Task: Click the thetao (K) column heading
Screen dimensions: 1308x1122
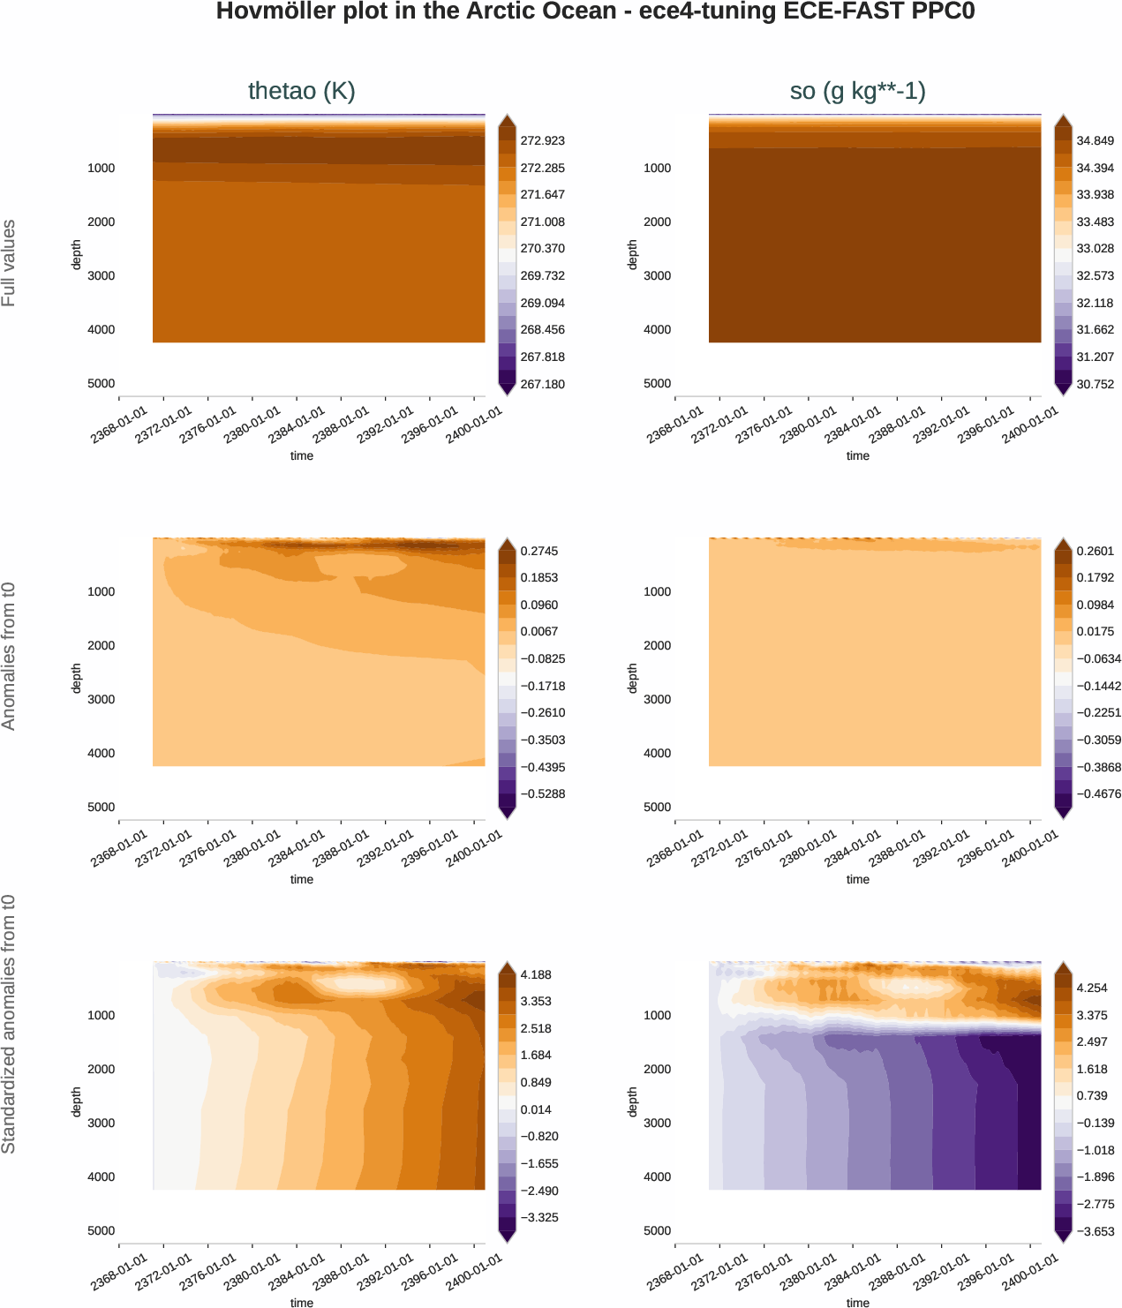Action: click(301, 91)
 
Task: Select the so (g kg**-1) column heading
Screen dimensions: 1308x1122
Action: click(857, 91)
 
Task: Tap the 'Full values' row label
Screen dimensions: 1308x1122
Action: click(9, 263)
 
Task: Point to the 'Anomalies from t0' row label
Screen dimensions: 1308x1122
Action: click(9, 656)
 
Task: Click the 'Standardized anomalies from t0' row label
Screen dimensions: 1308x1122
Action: click(9, 1024)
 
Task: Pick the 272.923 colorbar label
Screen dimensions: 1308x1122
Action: click(542, 140)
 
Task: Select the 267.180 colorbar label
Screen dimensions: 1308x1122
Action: click(542, 384)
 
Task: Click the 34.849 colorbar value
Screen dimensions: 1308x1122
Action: click(1095, 140)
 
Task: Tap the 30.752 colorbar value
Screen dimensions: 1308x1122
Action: click(1095, 384)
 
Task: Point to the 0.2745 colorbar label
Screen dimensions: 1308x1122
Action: click(539, 551)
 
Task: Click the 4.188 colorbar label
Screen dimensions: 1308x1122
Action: click(536, 974)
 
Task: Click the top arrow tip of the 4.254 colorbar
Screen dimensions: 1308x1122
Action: click(1063, 964)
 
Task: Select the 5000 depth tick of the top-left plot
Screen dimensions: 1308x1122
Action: click(101, 383)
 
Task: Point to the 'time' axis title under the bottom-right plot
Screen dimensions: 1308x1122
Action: click(857, 1303)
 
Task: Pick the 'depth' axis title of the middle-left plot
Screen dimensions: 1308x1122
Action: click(77, 678)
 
